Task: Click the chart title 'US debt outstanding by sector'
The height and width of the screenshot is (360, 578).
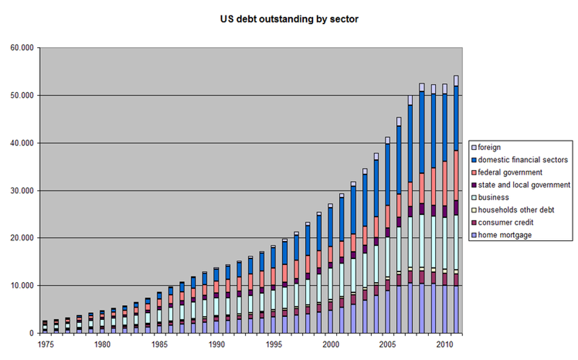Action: (288, 19)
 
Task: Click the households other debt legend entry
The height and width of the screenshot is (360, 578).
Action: (517, 210)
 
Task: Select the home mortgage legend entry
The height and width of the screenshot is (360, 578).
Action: (506, 235)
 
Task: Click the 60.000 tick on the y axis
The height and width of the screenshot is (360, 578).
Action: (22, 48)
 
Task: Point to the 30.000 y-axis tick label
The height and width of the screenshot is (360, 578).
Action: (22, 191)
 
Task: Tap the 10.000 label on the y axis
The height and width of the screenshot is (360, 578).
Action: (22, 286)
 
